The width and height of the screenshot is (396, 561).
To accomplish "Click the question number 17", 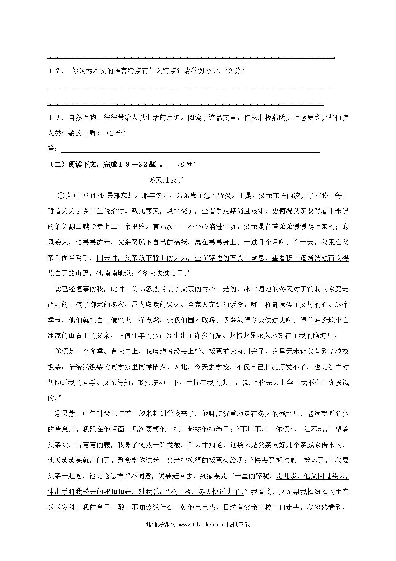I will click(55, 71).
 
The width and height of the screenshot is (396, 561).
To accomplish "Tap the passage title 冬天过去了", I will click(166, 180).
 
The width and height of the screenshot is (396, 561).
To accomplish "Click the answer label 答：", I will click(53, 149).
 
